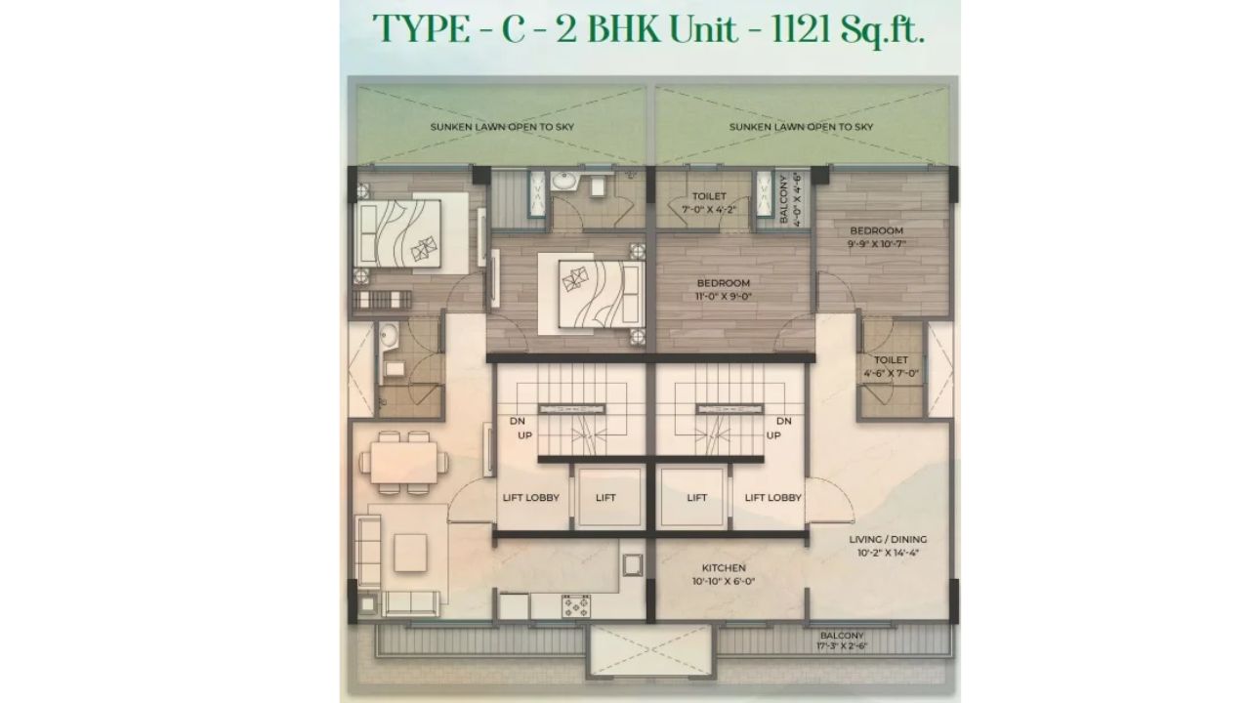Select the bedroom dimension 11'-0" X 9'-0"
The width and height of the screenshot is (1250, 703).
[x=723, y=296]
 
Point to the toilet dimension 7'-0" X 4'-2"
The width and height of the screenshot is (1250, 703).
[x=709, y=208]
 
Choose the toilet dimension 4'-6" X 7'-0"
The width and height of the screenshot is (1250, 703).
[x=892, y=373]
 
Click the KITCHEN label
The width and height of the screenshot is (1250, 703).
[x=724, y=567]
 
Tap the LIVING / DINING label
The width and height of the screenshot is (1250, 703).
[x=888, y=539]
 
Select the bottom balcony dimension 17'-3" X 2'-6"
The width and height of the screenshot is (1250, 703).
[x=841, y=646]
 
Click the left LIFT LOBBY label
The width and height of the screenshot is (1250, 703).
[x=530, y=498]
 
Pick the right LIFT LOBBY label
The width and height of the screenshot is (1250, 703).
[x=772, y=498]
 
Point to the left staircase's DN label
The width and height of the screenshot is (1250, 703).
[x=518, y=422]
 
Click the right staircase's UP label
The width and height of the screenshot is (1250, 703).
[x=773, y=435]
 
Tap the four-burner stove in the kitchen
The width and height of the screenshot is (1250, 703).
[x=576, y=606]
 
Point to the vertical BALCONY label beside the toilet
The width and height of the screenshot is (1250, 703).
[x=784, y=199]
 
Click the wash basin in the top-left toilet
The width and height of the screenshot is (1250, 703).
[x=564, y=183]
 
